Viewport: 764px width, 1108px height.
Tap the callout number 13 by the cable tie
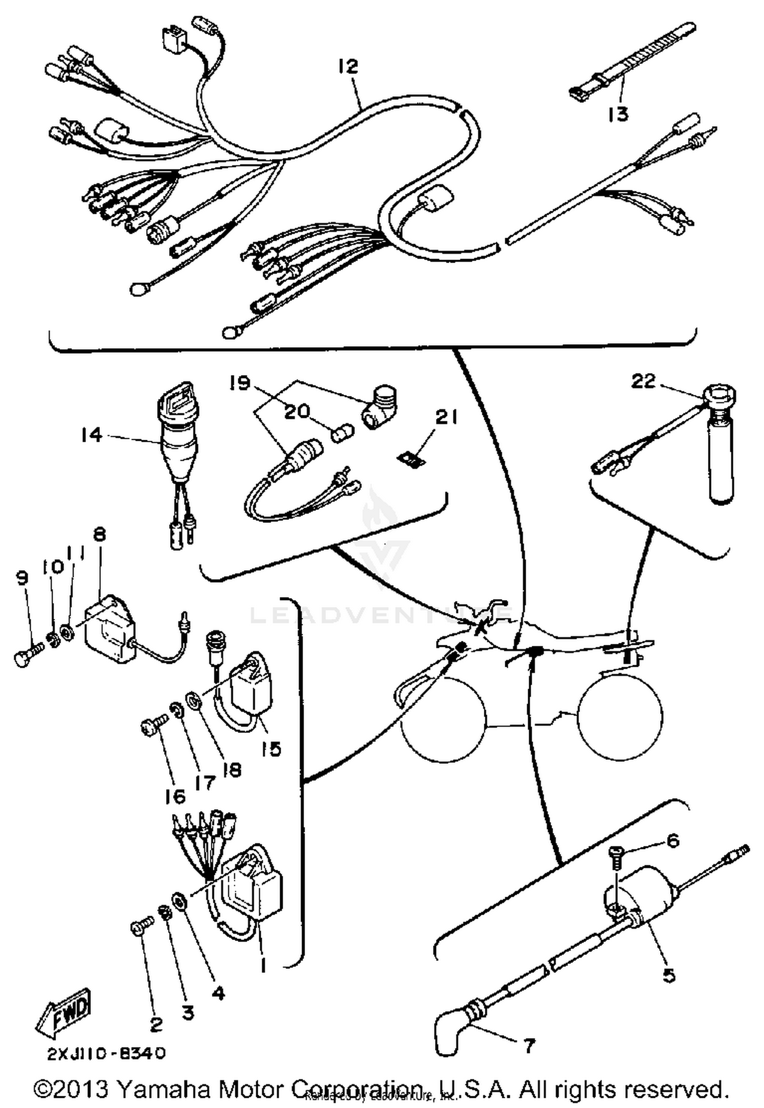618,114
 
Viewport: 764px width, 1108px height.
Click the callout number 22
643,381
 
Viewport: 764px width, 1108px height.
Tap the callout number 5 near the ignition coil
669,974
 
